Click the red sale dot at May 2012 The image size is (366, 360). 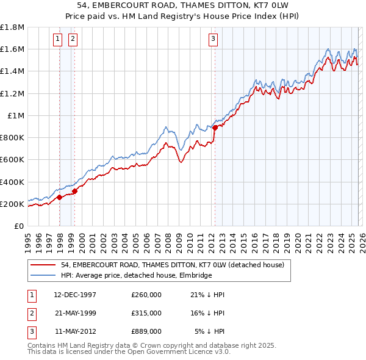[x=215, y=128]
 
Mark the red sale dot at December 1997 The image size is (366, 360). [x=59, y=197]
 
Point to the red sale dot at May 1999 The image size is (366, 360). [x=74, y=191]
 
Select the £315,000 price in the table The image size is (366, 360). [x=146, y=313]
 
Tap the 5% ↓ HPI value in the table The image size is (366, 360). [x=210, y=331]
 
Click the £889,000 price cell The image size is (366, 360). [x=146, y=331]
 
